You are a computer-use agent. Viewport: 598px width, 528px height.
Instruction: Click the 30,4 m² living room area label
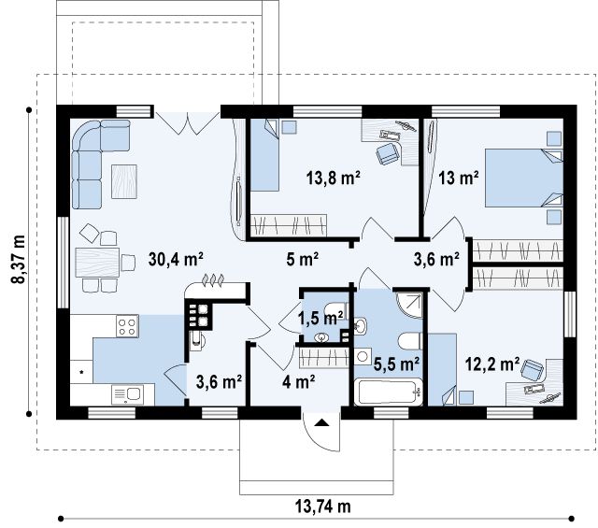176,260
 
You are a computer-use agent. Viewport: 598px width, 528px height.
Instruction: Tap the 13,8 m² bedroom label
334,178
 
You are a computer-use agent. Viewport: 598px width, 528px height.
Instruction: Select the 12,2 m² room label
492,364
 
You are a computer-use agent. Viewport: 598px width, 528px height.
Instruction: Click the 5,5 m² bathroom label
396,364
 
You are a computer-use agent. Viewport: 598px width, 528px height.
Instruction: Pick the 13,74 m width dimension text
322,507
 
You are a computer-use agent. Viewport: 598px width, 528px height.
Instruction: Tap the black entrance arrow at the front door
322,422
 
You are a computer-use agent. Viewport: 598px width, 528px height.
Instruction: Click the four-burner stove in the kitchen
127,326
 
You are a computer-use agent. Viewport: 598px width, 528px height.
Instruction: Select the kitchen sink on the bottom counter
128,394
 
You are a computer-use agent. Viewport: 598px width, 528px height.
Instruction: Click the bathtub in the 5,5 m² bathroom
389,392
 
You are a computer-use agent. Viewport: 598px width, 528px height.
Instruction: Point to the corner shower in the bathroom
409,306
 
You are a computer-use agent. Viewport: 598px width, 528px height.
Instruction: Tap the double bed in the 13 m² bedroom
523,178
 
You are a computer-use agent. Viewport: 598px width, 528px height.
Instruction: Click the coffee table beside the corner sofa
124,181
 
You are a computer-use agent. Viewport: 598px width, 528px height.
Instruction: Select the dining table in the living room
97,262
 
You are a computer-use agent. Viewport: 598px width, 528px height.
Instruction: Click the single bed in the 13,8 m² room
264,154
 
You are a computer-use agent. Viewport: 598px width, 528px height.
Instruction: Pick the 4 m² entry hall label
299,381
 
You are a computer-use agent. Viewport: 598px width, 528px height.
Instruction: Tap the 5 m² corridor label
302,260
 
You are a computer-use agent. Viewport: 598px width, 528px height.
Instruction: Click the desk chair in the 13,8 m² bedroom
388,154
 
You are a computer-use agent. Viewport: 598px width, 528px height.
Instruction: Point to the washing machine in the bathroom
363,357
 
